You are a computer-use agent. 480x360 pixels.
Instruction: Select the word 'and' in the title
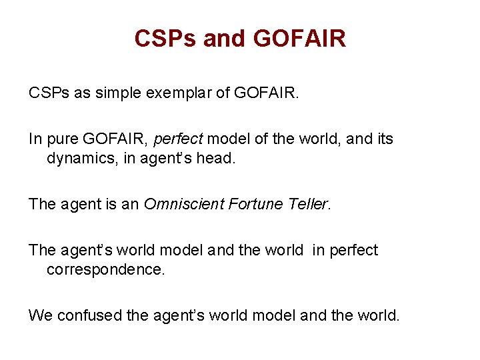pos(225,39)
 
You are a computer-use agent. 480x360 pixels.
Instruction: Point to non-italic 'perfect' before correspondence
pos(354,250)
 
